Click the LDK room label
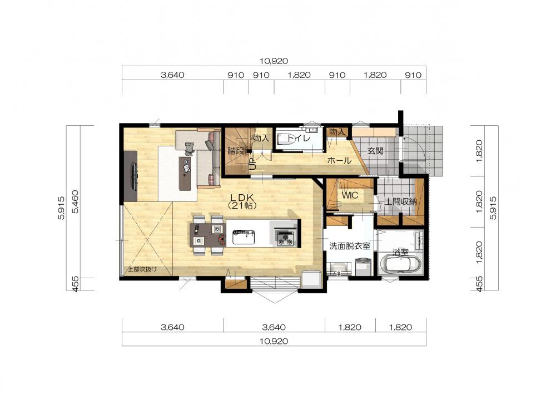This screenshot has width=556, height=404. pyautogui.click(x=243, y=198)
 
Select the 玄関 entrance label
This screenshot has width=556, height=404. pyautogui.click(x=375, y=150)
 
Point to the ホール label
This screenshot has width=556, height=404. pyautogui.click(x=339, y=160)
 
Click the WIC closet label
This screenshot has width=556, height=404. pyautogui.click(x=350, y=195)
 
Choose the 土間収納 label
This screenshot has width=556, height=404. pyautogui.click(x=401, y=201)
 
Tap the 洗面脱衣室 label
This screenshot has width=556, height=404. pyautogui.click(x=350, y=246)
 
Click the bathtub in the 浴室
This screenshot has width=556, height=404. pyautogui.click(x=400, y=264)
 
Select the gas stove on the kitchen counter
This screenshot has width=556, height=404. pyautogui.click(x=285, y=238)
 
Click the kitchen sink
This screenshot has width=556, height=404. pyautogui.click(x=244, y=237)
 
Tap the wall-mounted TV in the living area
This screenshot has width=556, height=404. pyautogui.click(x=135, y=176)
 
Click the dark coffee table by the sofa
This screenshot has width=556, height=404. pyautogui.click(x=185, y=174)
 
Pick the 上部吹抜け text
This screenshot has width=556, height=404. pyautogui.click(x=142, y=269)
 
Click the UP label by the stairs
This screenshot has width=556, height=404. pyautogui.click(x=252, y=164)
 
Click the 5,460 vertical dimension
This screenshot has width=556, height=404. pyautogui.click(x=76, y=201)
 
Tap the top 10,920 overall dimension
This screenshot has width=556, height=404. pyautogui.click(x=274, y=61)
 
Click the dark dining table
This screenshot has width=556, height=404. pyautogui.click(x=207, y=235)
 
